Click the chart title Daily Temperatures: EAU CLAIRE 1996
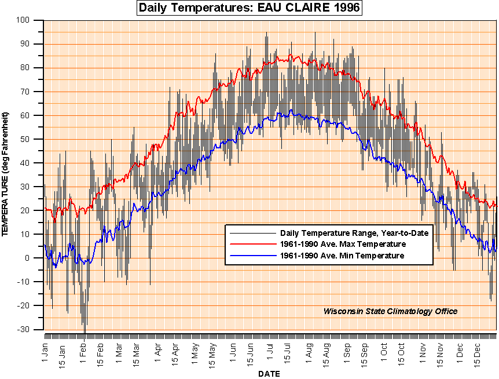coord(249,8)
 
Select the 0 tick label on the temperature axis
coord(34,258)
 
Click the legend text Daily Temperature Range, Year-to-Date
coord(354,233)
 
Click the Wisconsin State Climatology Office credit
coord(390,311)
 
